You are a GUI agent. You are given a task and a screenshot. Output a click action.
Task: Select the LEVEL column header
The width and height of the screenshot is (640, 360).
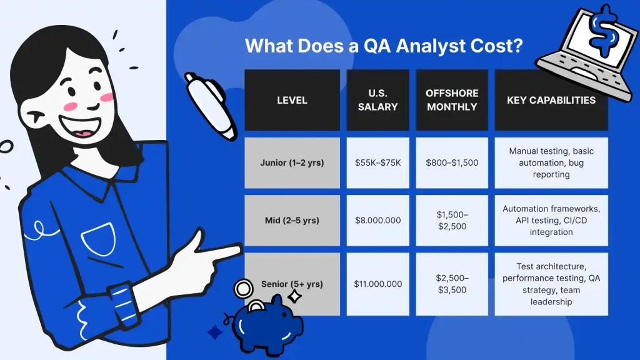(x=292, y=100)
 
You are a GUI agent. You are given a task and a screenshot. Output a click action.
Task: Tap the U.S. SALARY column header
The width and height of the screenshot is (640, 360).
(x=377, y=100)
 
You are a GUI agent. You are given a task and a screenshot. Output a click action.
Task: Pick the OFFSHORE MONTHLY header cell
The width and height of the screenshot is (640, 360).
(x=452, y=100)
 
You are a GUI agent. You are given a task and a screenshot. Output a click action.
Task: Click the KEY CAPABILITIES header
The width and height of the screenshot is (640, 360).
(x=551, y=100)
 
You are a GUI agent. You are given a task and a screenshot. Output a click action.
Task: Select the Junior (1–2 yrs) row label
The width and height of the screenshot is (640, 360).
(x=292, y=163)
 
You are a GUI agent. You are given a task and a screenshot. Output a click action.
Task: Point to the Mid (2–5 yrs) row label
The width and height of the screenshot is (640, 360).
(x=292, y=221)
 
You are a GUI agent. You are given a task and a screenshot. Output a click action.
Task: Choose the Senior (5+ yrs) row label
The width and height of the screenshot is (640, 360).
(x=292, y=284)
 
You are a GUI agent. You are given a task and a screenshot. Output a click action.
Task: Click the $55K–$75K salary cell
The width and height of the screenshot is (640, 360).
(x=377, y=163)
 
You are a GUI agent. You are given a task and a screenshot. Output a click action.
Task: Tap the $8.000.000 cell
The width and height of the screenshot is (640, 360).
(x=377, y=221)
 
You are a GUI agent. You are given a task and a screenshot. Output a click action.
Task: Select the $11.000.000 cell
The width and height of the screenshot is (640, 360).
(x=377, y=284)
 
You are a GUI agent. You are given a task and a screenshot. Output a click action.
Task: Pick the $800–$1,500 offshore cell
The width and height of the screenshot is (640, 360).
(x=452, y=163)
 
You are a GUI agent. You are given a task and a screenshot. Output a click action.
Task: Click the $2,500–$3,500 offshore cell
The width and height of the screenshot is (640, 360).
(x=452, y=284)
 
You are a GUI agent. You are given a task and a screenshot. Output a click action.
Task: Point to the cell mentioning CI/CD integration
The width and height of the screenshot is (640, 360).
(x=551, y=221)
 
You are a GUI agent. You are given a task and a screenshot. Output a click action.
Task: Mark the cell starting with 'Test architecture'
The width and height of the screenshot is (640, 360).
(x=551, y=284)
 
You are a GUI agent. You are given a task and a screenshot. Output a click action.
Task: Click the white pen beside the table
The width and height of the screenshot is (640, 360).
(x=211, y=104)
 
